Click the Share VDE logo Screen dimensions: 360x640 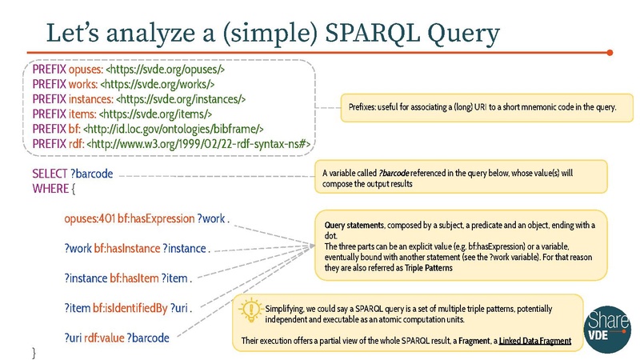603,330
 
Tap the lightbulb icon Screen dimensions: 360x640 250,310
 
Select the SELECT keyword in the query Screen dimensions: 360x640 50,174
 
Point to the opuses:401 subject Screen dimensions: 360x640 90,218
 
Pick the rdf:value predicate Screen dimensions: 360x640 110,338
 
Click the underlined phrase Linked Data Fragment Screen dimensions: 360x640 534,341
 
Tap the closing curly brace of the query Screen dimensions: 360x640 34,352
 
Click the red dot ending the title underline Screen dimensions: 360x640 610,54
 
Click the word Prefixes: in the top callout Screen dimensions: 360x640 366,107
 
